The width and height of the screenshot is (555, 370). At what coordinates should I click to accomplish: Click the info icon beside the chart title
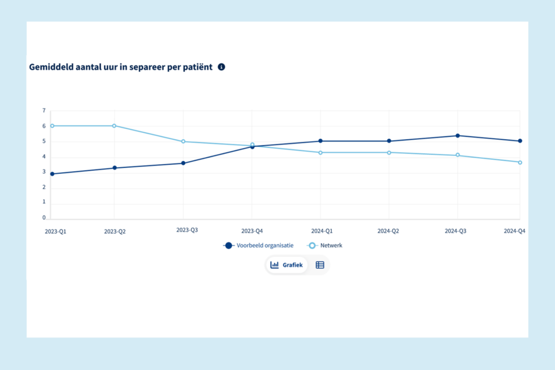[221, 67]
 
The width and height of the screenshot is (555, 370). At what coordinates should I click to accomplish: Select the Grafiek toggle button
[287, 265]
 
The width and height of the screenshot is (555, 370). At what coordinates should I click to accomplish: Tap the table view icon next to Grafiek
[320, 265]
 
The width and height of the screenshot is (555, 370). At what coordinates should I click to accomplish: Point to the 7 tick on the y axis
[44, 111]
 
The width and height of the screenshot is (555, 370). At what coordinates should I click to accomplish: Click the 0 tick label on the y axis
[44, 218]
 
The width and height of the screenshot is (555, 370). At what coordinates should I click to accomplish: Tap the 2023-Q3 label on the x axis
[187, 230]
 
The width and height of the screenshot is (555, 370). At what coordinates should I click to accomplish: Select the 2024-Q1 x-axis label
[320, 231]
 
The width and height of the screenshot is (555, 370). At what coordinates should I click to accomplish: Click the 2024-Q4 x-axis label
[514, 231]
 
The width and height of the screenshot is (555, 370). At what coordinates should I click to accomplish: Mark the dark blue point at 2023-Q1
[52, 174]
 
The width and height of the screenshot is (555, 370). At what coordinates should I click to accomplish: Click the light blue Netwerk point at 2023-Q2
[114, 126]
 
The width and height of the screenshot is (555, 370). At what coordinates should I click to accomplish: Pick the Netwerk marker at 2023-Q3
[183, 141]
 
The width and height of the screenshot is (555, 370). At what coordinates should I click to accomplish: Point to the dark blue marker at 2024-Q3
[457, 135]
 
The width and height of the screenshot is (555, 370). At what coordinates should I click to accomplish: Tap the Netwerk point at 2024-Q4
[520, 163]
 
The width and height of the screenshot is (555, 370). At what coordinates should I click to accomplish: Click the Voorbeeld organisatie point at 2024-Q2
[389, 141]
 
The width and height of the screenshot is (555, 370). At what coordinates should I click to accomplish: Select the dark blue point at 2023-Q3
[183, 163]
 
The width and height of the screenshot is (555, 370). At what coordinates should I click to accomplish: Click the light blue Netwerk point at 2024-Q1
[320, 153]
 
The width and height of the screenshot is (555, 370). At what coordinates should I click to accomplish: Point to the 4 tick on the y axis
[44, 157]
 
